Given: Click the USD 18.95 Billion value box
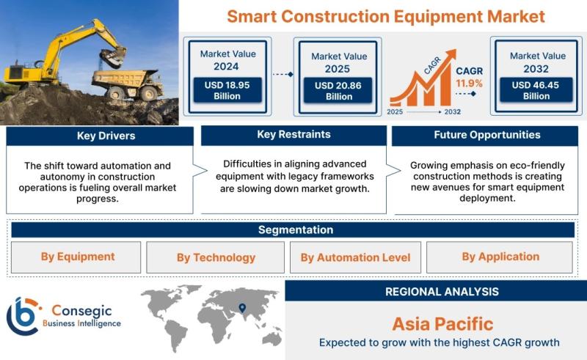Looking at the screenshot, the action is click(227, 90).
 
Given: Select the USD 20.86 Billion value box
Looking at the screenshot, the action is click(338, 91).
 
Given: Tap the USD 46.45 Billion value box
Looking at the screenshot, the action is click(536, 90).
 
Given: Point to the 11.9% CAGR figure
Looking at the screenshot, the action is click(469, 83).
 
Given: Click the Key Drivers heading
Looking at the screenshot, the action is click(106, 136).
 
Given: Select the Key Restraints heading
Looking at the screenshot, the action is click(294, 134).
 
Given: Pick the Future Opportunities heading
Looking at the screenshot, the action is click(487, 135).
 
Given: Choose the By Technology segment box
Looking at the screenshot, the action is click(215, 257).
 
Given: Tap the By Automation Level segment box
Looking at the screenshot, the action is click(355, 257).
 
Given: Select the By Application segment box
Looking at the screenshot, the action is click(500, 257).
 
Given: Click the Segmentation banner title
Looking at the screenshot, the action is click(296, 229).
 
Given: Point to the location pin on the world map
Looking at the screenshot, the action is click(242, 308).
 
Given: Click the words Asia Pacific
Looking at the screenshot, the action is click(443, 324).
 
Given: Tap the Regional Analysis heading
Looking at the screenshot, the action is click(442, 292).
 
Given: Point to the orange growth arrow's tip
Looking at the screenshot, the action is click(455, 50).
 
